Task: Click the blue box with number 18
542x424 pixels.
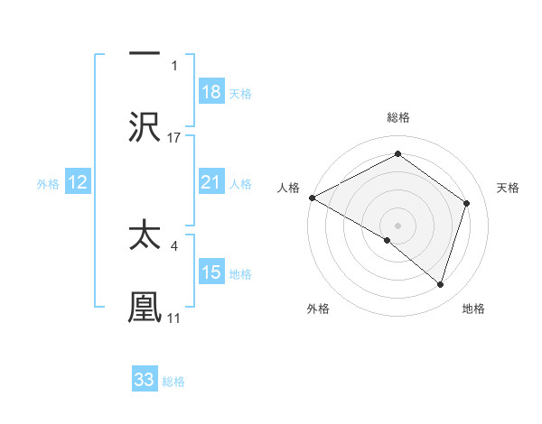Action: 211,92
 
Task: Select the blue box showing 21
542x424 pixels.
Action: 211,183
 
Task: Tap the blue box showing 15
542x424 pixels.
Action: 211,272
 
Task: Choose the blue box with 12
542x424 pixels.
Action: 78,183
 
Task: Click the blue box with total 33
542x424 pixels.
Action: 145,380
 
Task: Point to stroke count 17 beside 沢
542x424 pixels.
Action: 174,137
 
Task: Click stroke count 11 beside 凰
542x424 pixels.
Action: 173,318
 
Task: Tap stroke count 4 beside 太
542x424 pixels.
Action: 173,244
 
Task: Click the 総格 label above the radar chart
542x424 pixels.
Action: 397,117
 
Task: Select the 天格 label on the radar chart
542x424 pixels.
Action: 509,188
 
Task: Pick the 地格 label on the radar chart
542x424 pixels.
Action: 473,309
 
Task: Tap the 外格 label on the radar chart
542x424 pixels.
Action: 318,309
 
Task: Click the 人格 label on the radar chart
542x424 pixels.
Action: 288,188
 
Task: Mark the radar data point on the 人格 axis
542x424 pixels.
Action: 312,198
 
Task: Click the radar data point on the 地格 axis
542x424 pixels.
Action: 440,285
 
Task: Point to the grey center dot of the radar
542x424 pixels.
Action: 397,225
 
